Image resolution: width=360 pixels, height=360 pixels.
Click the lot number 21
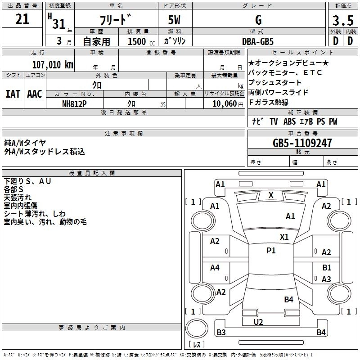pyautogui.click(x=22, y=20)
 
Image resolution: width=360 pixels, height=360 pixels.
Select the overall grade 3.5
pyautogui.click(x=342, y=20)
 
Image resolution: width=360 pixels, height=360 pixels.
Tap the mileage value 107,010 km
pyautogui.click(x=53, y=64)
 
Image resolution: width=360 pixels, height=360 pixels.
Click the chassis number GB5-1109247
pyautogui.click(x=302, y=143)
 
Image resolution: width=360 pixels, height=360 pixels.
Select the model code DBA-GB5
pyautogui.click(x=258, y=41)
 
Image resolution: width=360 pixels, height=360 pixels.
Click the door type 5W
pyautogui.click(x=174, y=20)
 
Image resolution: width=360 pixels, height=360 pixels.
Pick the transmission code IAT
pyautogui.click(x=13, y=94)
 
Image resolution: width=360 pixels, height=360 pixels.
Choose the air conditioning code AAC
pyautogui.click(x=35, y=94)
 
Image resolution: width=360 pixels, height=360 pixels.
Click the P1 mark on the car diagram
pyautogui.click(x=271, y=251)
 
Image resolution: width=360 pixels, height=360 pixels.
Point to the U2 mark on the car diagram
pyautogui.click(x=258, y=322)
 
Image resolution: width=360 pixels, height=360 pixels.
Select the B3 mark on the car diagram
pyautogui.click(x=221, y=333)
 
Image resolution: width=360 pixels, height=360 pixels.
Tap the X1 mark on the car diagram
pyautogui.click(x=284, y=237)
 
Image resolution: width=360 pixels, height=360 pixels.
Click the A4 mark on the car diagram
pyautogui.click(x=215, y=268)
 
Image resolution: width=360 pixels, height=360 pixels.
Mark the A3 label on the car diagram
pyautogui.click(x=327, y=279)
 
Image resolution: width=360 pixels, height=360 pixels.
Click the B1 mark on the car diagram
pyautogui.click(x=327, y=268)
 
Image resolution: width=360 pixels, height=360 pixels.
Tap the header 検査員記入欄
pyautogui.click(x=92, y=173)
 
